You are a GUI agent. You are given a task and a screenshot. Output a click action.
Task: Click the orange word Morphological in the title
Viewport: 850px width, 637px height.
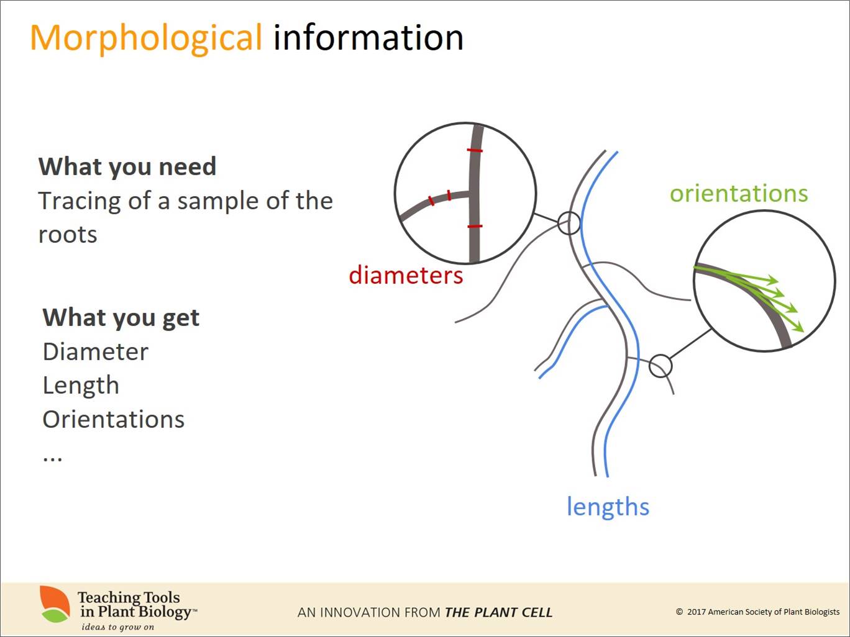(146, 38)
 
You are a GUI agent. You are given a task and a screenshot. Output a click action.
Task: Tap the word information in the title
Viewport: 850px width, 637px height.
(368, 37)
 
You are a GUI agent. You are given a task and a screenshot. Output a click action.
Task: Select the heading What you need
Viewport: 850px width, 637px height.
(127, 166)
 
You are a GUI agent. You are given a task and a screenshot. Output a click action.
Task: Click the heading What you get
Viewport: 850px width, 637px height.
(121, 317)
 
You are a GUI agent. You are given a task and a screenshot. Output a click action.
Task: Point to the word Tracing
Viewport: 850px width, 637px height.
(80, 202)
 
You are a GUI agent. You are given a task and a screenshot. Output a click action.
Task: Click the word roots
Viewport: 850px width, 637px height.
(68, 235)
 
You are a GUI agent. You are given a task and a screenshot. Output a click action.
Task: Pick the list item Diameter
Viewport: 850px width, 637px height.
(95, 351)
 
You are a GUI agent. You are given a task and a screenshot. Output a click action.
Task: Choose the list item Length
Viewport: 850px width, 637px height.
(81, 386)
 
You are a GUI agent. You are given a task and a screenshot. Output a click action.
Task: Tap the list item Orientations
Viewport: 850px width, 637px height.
(114, 419)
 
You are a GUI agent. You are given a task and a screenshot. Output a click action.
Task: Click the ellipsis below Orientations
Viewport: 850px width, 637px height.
(52, 458)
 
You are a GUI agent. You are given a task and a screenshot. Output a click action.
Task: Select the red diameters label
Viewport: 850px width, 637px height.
(406, 276)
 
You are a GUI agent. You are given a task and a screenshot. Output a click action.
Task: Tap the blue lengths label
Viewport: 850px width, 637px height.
(608, 506)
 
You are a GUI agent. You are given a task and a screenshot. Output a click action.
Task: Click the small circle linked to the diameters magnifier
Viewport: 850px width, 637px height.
(559, 223)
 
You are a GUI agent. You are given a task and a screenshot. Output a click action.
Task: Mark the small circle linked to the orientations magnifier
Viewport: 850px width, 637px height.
(649, 366)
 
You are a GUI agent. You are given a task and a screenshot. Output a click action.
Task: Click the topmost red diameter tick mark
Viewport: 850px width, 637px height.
(475, 150)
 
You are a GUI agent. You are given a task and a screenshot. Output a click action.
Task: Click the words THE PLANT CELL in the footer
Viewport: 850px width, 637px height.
(498, 612)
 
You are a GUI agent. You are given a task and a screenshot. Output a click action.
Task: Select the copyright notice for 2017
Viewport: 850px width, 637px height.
(757, 612)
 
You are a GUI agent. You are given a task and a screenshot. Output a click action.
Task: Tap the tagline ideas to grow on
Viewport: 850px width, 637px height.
(117, 627)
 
